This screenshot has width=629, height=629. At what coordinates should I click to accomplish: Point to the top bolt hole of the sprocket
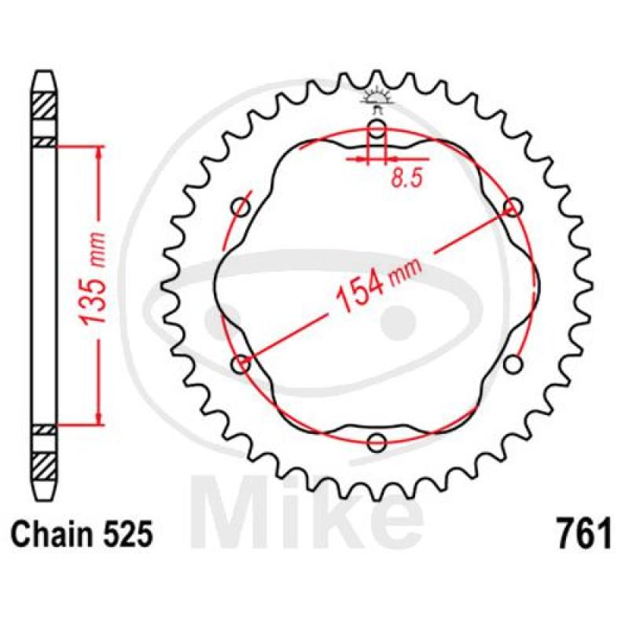click(x=377, y=129)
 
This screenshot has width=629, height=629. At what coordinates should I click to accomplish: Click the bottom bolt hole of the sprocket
click(x=377, y=443)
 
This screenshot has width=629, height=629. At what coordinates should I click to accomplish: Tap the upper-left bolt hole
click(x=241, y=208)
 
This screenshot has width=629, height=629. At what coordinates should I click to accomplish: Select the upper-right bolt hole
click(x=513, y=208)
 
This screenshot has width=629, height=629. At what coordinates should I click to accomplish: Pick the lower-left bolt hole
click(x=241, y=364)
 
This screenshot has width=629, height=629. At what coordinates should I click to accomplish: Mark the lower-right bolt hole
click(x=513, y=364)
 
